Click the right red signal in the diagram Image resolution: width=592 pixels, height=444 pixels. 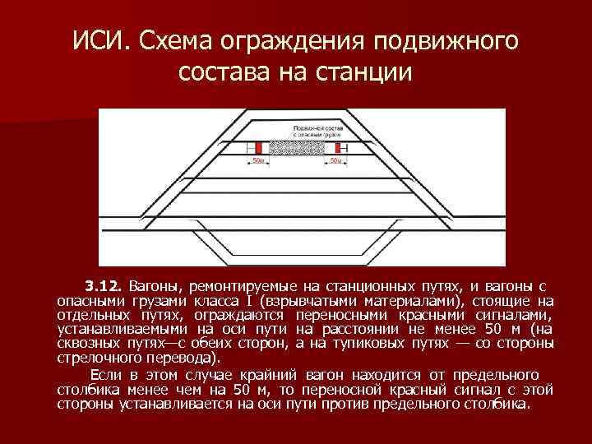pyautogui.click(x=335, y=147)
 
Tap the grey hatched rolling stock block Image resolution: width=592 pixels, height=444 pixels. pyautogui.click(x=297, y=147)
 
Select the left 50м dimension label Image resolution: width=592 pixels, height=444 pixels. pyautogui.click(x=258, y=160)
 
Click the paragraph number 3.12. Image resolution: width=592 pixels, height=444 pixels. pyautogui.click(x=103, y=286)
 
